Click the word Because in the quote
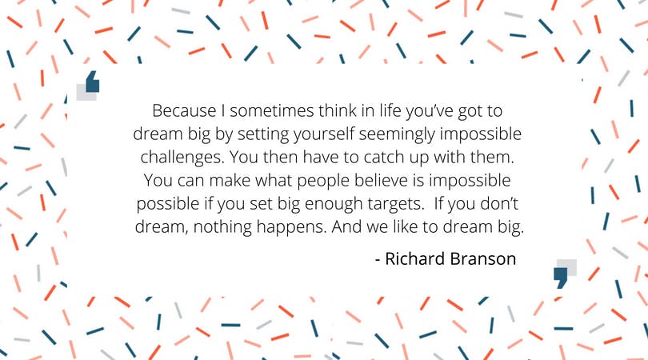184,110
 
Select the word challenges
182,158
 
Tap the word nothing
222,227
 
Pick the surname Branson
482,258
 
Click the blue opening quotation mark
93,82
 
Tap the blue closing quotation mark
560,278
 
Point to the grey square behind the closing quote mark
569,266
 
